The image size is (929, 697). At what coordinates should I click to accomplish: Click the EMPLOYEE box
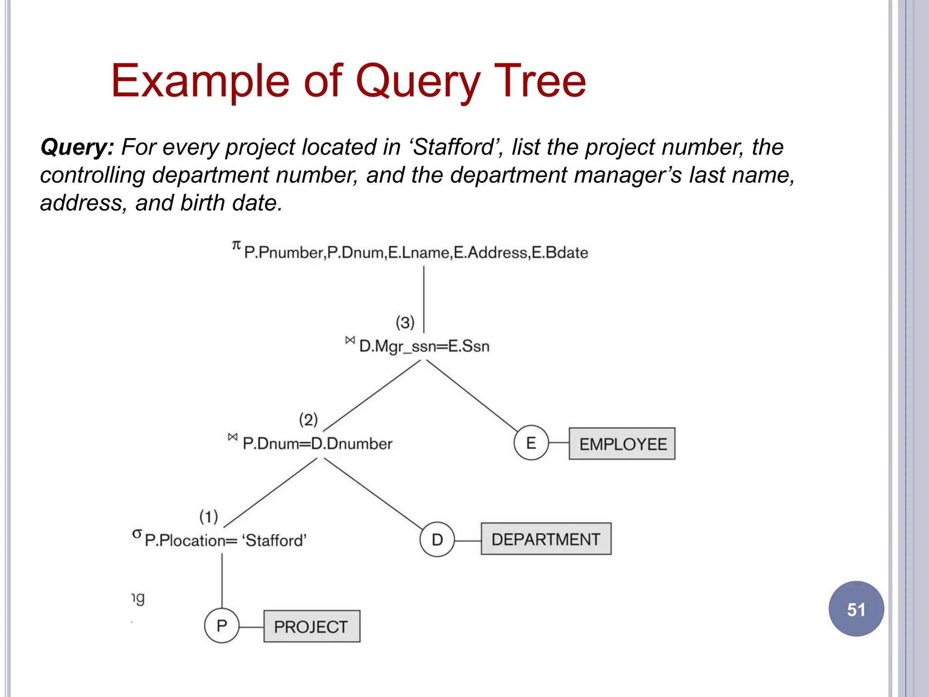tap(622, 444)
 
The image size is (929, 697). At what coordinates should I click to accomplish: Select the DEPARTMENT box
tap(546, 539)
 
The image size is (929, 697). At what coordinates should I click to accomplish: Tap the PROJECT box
tap(312, 627)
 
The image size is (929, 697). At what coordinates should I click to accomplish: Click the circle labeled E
tap(531, 443)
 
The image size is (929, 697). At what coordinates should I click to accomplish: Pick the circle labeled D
tap(437, 540)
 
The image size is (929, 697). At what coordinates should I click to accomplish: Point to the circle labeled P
tap(221, 626)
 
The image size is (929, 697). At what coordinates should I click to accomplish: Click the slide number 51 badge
tap(856, 609)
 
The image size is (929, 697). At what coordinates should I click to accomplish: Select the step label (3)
tap(405, 323)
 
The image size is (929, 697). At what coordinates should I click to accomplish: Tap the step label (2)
tap(308, 420)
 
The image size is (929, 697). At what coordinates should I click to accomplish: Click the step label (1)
tap(209, 516)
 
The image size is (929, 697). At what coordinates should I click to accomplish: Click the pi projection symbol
tap(236, 245)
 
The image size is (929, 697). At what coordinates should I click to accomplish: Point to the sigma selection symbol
tap(137, 534)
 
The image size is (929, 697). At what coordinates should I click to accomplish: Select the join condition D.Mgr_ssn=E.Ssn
tap(424, 346)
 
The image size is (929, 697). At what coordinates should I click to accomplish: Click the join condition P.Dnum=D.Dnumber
tap(317, 443)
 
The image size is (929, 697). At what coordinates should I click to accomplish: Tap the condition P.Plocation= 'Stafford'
tap(225, 540)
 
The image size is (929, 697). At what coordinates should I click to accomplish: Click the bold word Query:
tap(77, 147)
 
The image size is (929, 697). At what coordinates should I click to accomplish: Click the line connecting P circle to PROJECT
tap(251, 627)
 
